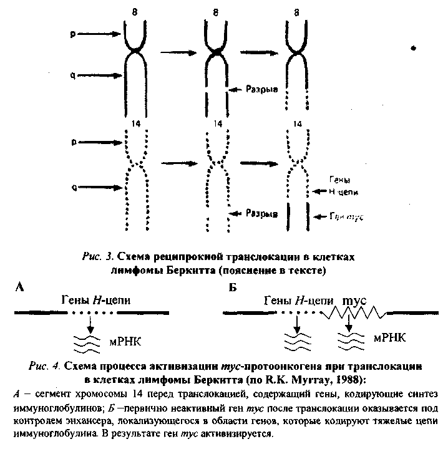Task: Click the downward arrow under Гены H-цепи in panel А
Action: tap(91, 322)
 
